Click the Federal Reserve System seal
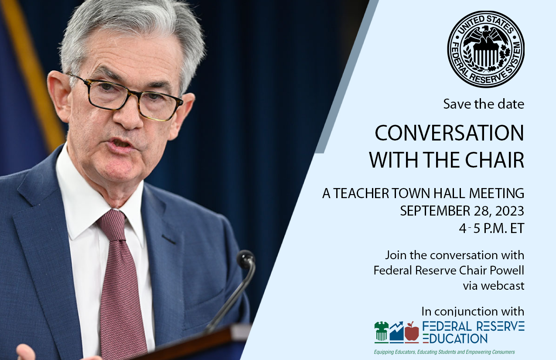486,49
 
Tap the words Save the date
484,104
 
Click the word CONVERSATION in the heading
449,134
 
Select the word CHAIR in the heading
495,160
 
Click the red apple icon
412,333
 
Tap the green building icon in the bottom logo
382,332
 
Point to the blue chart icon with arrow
396,332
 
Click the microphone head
246,260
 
